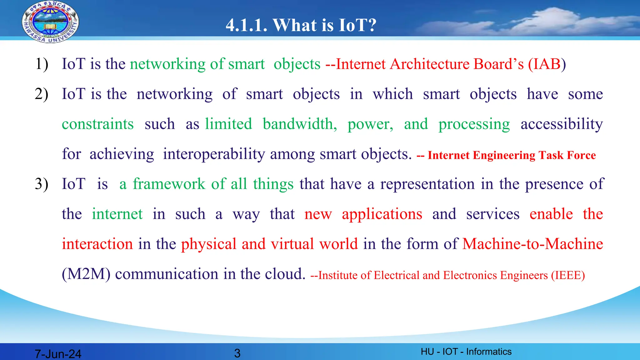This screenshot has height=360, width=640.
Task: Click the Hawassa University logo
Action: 50,22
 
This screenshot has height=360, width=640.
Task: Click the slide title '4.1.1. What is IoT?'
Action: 301,25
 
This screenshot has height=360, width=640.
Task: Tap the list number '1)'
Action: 42,64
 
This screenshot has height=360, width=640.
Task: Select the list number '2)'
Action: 42,94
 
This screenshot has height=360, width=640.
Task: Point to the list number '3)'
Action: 42,184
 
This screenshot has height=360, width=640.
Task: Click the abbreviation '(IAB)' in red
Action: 547,64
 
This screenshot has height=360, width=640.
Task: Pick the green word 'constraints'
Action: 98,124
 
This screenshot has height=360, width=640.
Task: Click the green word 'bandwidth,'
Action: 300,124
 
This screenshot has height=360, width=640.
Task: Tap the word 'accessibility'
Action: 562,124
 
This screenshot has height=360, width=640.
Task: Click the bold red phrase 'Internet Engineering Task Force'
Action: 512,155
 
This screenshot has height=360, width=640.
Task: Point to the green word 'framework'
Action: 169,184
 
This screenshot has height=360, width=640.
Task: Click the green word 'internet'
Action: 117,214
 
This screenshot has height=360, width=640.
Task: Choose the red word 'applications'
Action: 382,214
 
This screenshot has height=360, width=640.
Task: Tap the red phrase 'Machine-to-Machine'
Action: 532,244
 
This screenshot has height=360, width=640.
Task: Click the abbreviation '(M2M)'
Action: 86,274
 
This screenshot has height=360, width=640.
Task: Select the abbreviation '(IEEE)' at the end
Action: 568,275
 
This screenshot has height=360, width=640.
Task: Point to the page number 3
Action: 237,353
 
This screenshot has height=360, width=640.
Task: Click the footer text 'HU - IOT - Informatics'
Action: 466,352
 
